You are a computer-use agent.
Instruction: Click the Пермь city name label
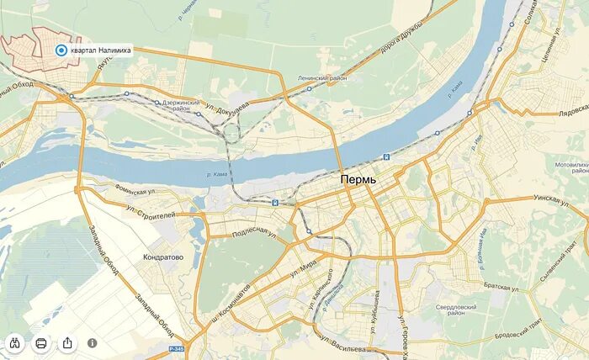(359, 180)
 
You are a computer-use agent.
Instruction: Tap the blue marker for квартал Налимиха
(61, 50)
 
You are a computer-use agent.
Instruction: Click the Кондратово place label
(163, 257)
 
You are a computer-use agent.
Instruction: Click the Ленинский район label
(321, 77)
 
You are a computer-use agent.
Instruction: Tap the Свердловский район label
(456, 310)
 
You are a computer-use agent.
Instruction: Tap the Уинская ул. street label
(553, 199)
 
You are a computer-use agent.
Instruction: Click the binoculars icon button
(15, 343)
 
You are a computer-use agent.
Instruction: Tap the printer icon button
(41, 343)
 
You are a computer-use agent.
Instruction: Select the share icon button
(67, 343)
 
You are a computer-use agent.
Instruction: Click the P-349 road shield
(175, 348)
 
